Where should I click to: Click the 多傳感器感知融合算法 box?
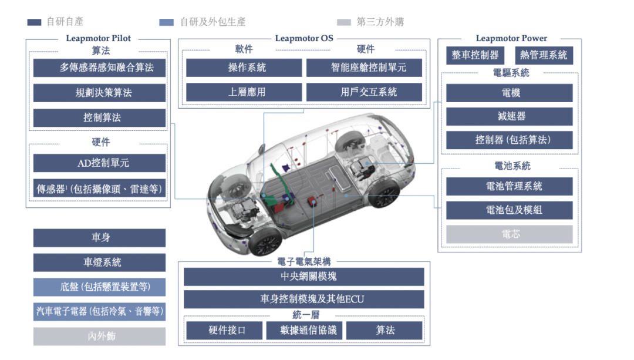(x=99, y=68)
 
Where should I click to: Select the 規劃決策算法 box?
(x=99, y=93)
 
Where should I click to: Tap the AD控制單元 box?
(x=99, y=163)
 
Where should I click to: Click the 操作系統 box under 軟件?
(x=244, y=68)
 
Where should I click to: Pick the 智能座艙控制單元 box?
(x=364, y=68)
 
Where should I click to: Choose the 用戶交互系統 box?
(x=364, y=92)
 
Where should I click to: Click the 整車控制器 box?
(x=475, y=55)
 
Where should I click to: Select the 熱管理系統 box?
(x=544, y=55)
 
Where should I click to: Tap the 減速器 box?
(x=510, y=116)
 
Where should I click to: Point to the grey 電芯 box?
(x=510, y=234)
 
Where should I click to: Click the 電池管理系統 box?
(x=510, y=187)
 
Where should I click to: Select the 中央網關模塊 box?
(x=304, y=277)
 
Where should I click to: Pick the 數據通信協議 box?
(x=305, y=331)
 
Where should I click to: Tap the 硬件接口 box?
(x=224, y=331)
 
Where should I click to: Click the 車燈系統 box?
(x=99, y=263)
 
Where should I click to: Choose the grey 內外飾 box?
(x=99, y=337)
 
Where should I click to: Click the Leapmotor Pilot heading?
(x=98, y=38)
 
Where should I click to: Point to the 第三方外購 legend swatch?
(x=343, y=22)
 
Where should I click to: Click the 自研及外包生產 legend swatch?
(x=167, y=22)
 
